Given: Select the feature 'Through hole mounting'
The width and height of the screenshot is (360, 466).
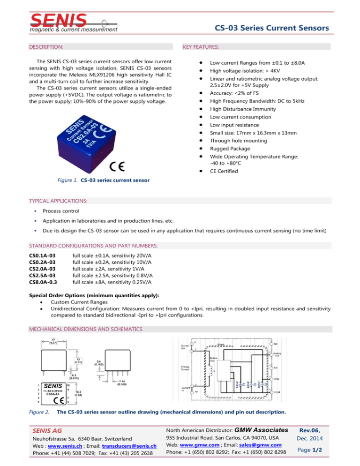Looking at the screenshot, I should (238, 140).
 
